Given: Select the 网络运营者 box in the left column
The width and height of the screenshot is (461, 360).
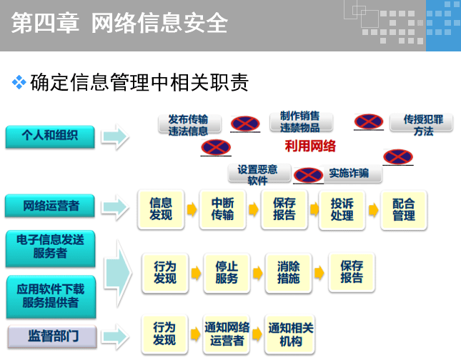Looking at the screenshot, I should [x=51, y=206].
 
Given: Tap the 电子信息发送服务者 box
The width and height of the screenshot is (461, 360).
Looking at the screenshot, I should [x=49, y=247].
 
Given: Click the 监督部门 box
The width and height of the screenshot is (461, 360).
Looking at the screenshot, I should [x=49, y=334].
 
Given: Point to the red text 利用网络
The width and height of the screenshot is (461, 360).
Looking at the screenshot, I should [x=310, y=146].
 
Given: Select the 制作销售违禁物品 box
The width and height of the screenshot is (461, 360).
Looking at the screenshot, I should [x=299, y=121].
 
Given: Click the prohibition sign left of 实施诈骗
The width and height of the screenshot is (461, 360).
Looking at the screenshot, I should [x=308, y=174].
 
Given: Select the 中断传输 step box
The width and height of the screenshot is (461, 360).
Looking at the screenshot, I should [x=222, y=209].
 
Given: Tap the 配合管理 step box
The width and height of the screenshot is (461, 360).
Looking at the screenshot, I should [x=403, y=209].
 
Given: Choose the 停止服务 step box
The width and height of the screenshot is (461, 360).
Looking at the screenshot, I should [x=226, y=272].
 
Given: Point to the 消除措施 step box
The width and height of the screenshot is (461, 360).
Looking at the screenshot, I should [x=288, y=272].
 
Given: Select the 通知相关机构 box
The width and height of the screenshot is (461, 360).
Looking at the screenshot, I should [x=290, y=334].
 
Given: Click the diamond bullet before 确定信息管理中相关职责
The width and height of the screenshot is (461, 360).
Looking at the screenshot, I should [x=19, y=83].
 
